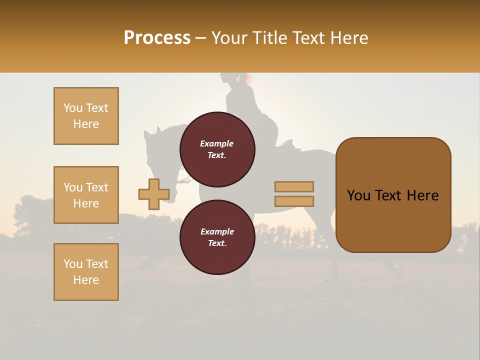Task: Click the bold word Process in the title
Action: point(157,38)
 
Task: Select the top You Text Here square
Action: point(86,116)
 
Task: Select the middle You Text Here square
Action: point(86,195)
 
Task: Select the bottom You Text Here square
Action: point(86,272)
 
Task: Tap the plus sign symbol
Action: point(153,194)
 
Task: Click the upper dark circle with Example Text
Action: point(217,149)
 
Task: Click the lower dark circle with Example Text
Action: point(217,237)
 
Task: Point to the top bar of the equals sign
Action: point(294,186)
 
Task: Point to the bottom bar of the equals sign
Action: point(294,201)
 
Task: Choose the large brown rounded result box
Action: point(393,195)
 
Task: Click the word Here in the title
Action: point(349,38)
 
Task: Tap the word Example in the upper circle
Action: point(216,143)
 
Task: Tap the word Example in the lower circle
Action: point(217,231)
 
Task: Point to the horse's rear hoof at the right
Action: point(398,274)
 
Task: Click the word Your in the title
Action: point(228,38)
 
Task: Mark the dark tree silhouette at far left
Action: point(30,215)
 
